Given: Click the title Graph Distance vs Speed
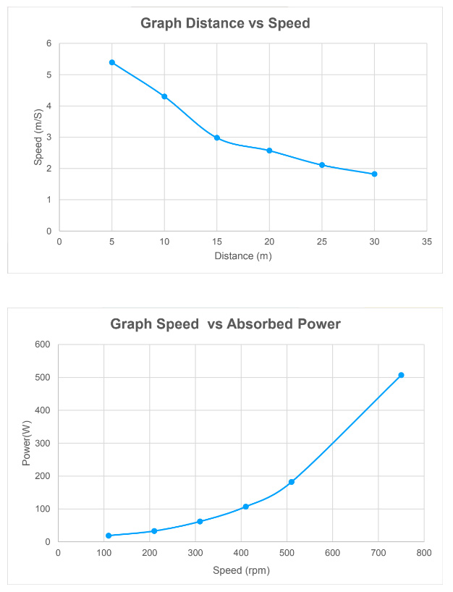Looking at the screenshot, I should click(224, 23).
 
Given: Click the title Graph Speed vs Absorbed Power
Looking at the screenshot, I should click(225, 324).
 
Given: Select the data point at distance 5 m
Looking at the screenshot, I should click(112, 62).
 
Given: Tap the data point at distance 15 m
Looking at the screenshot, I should click(217, 138).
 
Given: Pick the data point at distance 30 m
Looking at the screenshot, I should click(374, 174).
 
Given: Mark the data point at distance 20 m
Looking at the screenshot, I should click(269, 151).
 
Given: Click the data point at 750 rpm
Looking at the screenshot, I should click(401, 375).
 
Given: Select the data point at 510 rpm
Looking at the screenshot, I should click(292, 482).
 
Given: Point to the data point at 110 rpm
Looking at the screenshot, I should click(109, 536).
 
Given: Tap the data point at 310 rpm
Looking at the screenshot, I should click(200, 522).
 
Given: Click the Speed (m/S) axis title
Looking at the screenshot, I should click(39, 137).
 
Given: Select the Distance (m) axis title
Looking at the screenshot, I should click(243, 255).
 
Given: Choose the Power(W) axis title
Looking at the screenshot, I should click(27, 443).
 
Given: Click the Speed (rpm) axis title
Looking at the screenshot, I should click(241, 570).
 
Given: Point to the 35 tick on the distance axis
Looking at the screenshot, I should click(427, 242).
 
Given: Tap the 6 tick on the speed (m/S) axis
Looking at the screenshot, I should click(48, 43).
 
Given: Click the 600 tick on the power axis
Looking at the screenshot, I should click(42, 344).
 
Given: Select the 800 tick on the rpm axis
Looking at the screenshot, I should click(424, 553).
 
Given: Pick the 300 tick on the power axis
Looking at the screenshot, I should click(42, 443).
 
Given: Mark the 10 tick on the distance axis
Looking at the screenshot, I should click(164, 242).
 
